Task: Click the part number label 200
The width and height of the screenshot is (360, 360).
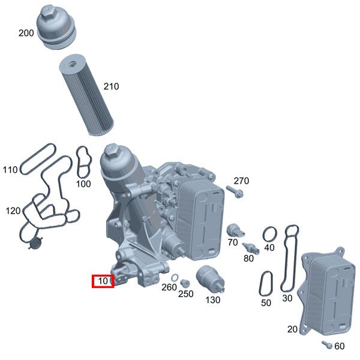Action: (26, 33)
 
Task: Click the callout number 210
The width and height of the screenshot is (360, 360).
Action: (111, 86)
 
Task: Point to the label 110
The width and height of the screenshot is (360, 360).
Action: (10, 170)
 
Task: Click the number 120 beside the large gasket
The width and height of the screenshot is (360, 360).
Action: (13, 211)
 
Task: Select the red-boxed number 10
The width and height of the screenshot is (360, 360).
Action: (103, 280)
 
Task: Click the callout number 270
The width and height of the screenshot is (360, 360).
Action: (241, 181)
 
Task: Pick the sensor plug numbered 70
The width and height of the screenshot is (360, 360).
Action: (233, 230)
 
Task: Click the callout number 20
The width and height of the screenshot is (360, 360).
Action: (292, 329)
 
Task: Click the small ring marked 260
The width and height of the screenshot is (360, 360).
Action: (174, 278)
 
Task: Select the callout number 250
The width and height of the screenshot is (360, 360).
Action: (186, 294)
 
